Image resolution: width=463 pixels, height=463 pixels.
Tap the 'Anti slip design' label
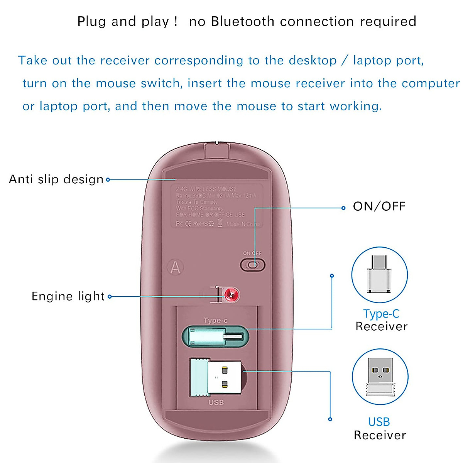(56, 179)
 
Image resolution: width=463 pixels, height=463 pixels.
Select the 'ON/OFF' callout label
(379, 206)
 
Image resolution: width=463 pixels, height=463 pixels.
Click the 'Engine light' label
(68, 296)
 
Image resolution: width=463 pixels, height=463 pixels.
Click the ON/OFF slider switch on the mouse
(253, 265)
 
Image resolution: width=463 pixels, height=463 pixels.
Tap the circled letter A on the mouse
(176, 267)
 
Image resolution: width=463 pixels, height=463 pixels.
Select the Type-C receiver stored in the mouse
(215, 336)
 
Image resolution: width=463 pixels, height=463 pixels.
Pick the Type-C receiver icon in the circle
(379, 275)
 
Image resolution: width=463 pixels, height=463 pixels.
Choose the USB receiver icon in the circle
(380, 377)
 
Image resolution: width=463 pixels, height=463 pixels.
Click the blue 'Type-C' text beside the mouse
(381, 314)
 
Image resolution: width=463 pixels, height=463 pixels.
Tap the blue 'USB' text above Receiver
(379, 422)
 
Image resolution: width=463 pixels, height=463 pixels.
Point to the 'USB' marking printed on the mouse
(216, 402)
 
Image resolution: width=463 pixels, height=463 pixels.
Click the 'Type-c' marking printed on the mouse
(215, 320)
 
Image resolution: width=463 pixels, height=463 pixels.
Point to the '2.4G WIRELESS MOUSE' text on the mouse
(206, 189)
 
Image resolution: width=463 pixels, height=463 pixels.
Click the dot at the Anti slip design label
(108, 179)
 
